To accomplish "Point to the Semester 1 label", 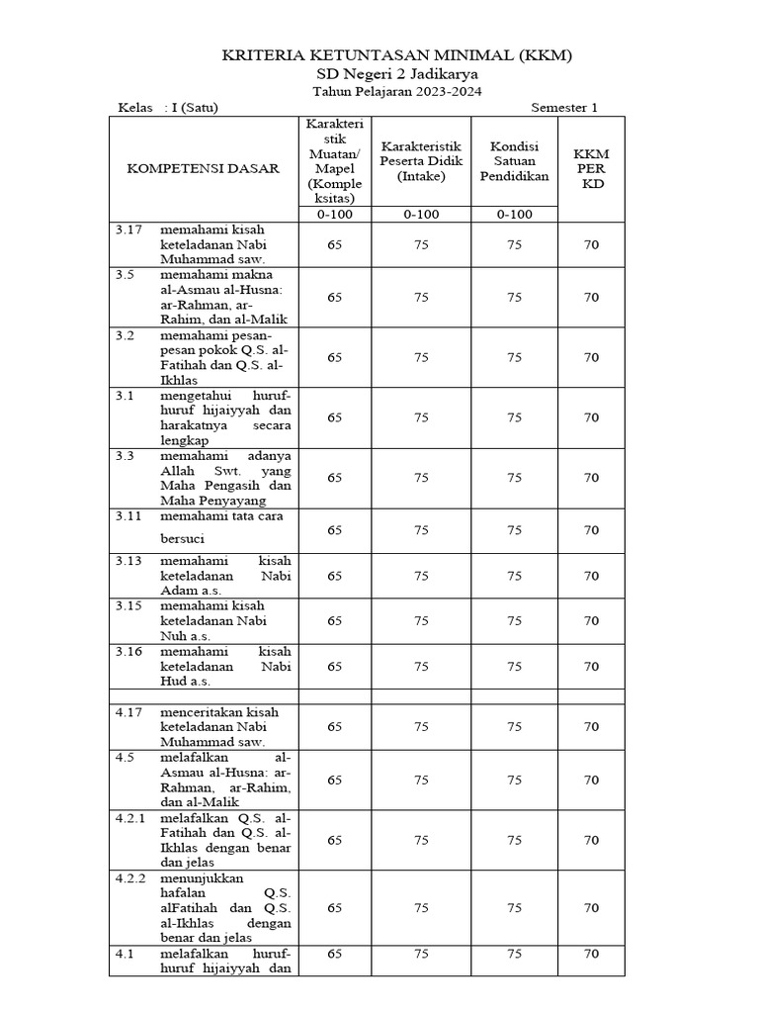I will click(564, 109).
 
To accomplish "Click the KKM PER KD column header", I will click(591, 169).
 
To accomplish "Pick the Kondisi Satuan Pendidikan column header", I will click(514, 161).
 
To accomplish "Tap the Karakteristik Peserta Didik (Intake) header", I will click(422, 161).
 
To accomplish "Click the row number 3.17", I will click(128, 229).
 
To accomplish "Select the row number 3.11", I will click(128, 515).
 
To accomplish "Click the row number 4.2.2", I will click(130, 876).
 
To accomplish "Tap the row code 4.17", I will click(128, 711).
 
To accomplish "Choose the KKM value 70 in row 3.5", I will click(591, 297).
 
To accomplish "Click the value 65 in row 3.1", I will click(335, 417).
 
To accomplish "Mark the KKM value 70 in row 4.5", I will click(591, 780).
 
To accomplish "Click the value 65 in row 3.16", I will click(335, 667).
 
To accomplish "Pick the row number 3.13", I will click(128, 560).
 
